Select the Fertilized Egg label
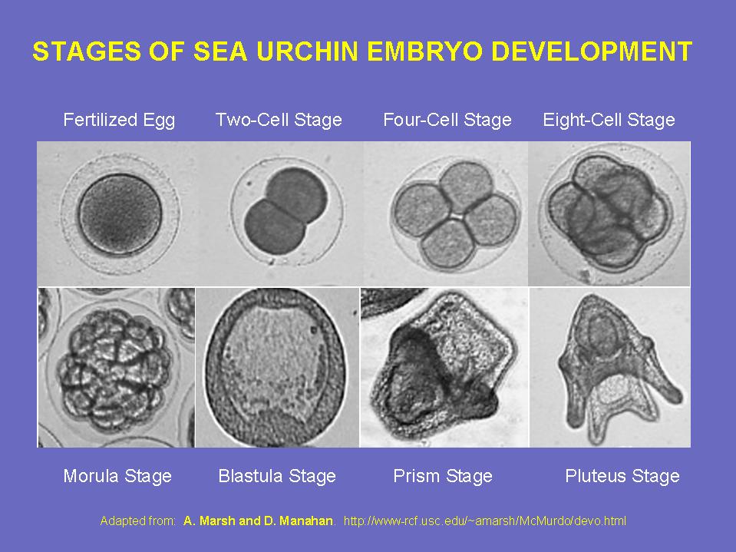coord(119,121)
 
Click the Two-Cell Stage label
coord(279,120)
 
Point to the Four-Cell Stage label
coord(447,120)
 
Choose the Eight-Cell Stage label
coord(609,121)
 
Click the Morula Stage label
coord(117,476)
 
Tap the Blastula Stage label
coord(277,476)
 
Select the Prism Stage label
coord(443,476)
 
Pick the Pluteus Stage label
coord(622,476)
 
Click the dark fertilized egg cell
coord(120,214)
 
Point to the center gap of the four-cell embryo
coord(455,216)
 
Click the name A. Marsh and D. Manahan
coord(258,521)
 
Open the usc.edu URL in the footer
coord(485,521)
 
